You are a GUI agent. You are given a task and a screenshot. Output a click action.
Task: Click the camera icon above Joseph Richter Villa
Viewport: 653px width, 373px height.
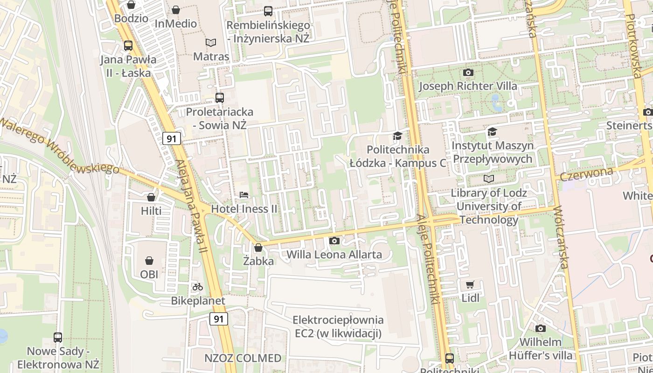(468, 72)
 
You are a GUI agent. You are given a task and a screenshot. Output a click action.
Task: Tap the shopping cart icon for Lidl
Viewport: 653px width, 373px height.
(470, 284)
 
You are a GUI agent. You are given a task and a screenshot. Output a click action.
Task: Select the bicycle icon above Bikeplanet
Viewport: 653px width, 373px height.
(198, 287)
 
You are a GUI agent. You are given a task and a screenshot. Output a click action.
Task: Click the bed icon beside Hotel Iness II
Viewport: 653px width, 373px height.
(244, 195)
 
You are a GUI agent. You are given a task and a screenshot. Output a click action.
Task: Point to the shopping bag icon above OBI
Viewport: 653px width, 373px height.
(149, 260)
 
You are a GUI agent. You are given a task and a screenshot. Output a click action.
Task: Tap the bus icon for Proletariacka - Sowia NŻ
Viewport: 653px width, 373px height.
(220, 98)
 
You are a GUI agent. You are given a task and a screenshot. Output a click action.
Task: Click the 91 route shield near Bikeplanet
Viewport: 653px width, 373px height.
(219, 319)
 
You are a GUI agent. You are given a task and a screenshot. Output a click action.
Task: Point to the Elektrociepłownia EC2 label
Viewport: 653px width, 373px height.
(338, 327)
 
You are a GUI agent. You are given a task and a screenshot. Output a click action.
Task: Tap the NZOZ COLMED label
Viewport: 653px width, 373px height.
(243, 358)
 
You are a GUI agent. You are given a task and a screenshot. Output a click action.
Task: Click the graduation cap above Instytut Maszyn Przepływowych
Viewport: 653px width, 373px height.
(492, 132)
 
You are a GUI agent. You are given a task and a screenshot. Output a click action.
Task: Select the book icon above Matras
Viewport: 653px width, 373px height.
(211, 42)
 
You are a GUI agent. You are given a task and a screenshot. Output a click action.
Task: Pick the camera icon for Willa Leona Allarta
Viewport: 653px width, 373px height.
(334, 241)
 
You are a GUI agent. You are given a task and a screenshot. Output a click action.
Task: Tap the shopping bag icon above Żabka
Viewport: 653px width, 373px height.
(258, 248)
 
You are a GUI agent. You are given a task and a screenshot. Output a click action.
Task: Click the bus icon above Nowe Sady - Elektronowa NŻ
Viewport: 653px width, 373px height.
(58, 337)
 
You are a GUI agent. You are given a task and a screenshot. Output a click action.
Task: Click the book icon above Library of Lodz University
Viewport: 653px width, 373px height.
(488, 179)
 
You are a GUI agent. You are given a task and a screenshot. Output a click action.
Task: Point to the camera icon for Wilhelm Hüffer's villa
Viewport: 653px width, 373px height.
(540, 328)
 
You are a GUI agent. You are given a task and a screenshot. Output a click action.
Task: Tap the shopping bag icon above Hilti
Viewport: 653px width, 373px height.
(151, 197)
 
